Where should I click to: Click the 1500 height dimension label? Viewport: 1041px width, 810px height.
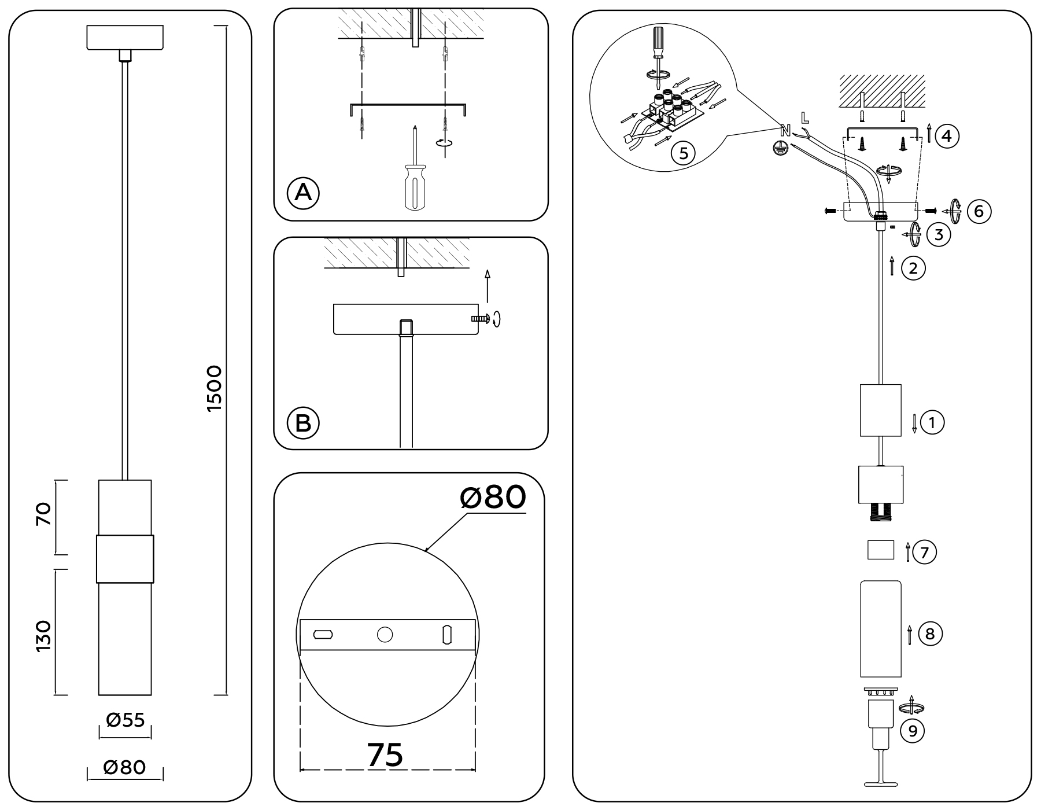214,388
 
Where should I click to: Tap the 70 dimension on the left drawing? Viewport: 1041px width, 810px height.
45,514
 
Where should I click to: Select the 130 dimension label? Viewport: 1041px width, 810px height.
45,635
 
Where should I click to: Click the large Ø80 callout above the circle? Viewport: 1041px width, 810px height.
493,497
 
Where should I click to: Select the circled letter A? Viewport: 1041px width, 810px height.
303,193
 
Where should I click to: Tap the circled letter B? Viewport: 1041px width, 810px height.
303,422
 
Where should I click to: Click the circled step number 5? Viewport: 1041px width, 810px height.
684,154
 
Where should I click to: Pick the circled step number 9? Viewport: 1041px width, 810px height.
913,731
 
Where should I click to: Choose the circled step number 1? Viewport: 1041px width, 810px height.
932,422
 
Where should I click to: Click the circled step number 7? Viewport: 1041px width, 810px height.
924,553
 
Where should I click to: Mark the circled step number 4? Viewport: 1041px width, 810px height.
947,137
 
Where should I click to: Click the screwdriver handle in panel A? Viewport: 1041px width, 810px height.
415,186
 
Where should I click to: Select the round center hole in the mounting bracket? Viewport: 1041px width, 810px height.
385,635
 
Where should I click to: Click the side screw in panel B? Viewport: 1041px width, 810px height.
481,318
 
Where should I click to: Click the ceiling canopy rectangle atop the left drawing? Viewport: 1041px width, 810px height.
125,38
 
